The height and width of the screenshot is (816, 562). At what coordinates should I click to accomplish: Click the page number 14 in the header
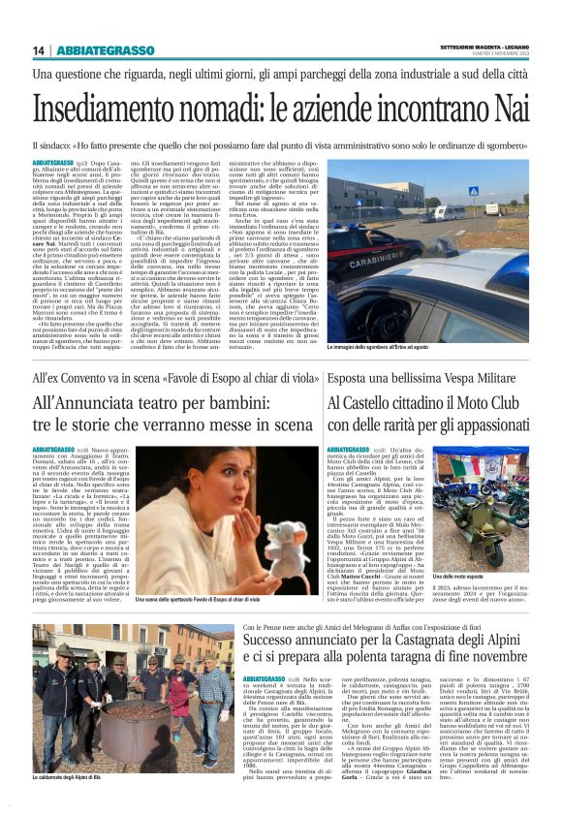(x=38, y=49)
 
